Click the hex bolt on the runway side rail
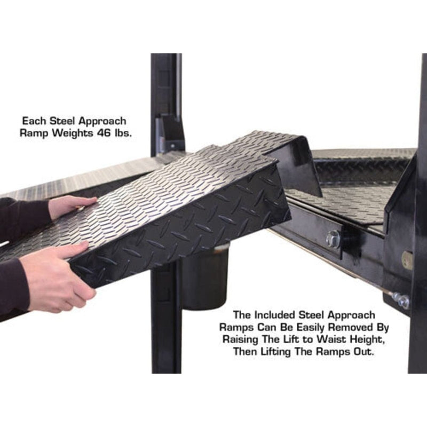click(333, 239)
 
